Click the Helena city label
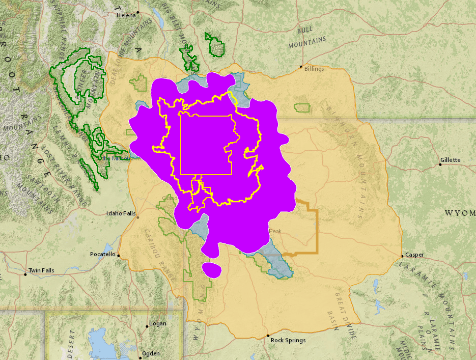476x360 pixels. (x=126, y=15)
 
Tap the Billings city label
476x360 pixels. (x=314, y=69)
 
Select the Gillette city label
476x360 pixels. (x=451, y=160)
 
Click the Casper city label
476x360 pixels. (x=414, y=255)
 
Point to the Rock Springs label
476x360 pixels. (x=288, y=340)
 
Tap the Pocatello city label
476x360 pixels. (x=103, y=254)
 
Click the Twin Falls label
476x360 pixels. (x=41, y=270)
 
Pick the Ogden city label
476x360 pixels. (x=151, y=353)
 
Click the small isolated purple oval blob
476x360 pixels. (x=212, y=270)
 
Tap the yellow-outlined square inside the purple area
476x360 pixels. (x=206, y=144)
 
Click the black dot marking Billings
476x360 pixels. (x=301, y=67)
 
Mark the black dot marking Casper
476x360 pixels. (x=402, y=256)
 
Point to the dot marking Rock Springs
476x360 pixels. (x=268, y=336)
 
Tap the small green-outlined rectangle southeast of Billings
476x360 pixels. (x=302, y=107)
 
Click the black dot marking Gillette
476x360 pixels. (x=440, y=164)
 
